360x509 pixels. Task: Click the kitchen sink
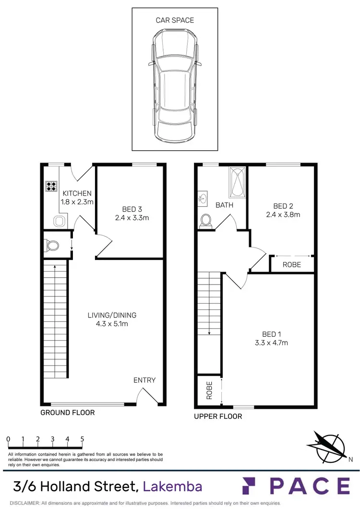(x=60, y=221)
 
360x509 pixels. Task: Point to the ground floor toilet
(x=52, y=246)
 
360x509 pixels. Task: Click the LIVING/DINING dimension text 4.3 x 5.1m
(x=112, y=324)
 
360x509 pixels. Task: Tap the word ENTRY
(x=144, y=380)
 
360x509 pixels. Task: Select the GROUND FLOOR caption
(x=67, y=413)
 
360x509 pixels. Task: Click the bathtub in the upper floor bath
(x=237, y=183)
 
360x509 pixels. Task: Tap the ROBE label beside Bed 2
(x=291, y=264)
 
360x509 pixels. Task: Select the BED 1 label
(x=269, y=334)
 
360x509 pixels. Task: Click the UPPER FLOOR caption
(x=218, y=416)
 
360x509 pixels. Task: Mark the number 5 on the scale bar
(x=82, y=439)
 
